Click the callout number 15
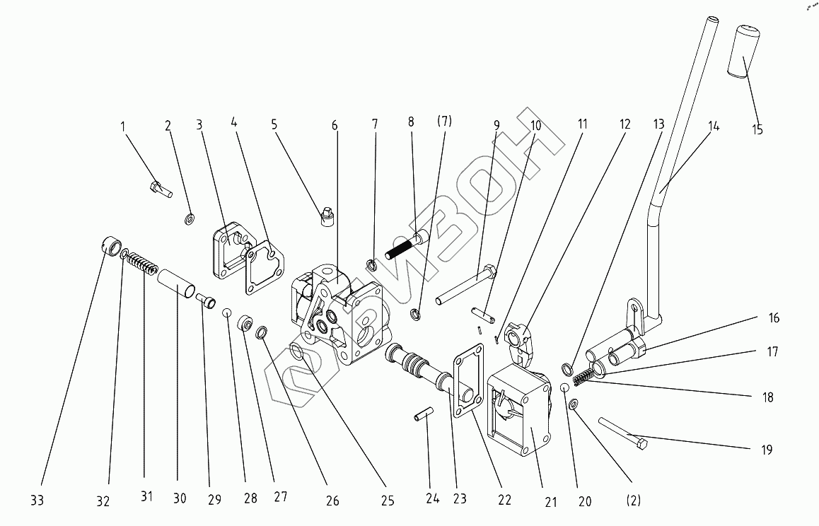coord(757,130)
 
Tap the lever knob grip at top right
coord(743,52)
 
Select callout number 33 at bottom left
coord(37,501)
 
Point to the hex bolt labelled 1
coord(161,189)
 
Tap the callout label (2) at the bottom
coord(633,501)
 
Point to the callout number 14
coord(714,127)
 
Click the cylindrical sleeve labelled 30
coord(175,284)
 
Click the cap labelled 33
coord(110,247)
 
